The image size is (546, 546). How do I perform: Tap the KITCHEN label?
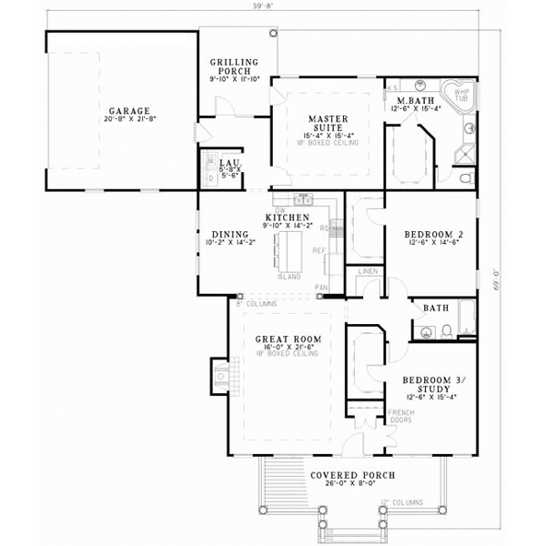(285, 218)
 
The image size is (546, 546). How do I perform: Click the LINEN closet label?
(367, 271)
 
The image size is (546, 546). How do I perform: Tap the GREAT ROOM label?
(284, 336)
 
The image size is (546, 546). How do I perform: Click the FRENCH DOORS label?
(400, 417)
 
